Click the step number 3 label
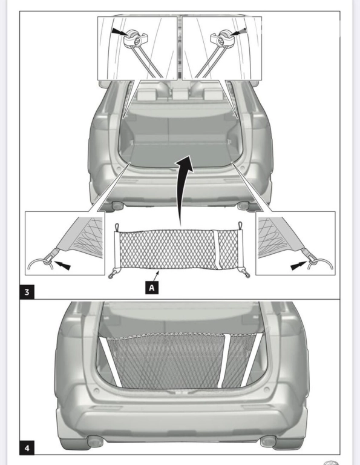[x=27, y=292]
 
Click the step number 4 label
[x=27, y=447]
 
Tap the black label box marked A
[x=152, y=288]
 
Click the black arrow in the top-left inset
[x=120, y=31]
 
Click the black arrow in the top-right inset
[x=238, y=32]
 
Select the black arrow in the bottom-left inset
[x=62, y=265]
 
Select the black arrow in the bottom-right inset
[x=299, y=265]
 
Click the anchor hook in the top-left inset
[x=136, y=39]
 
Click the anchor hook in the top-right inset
[x=222, y=39]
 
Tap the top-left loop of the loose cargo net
[x=117, y=228]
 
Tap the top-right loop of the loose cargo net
[x=240, y=226]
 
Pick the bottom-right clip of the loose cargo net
[x=246, y=274]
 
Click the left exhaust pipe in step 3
[x=117, y=205]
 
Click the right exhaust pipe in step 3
[x=243, y=205]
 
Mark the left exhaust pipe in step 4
[x=96, y=441]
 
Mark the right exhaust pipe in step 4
[x=268, y=441]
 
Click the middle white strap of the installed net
[x=224, y=360]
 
